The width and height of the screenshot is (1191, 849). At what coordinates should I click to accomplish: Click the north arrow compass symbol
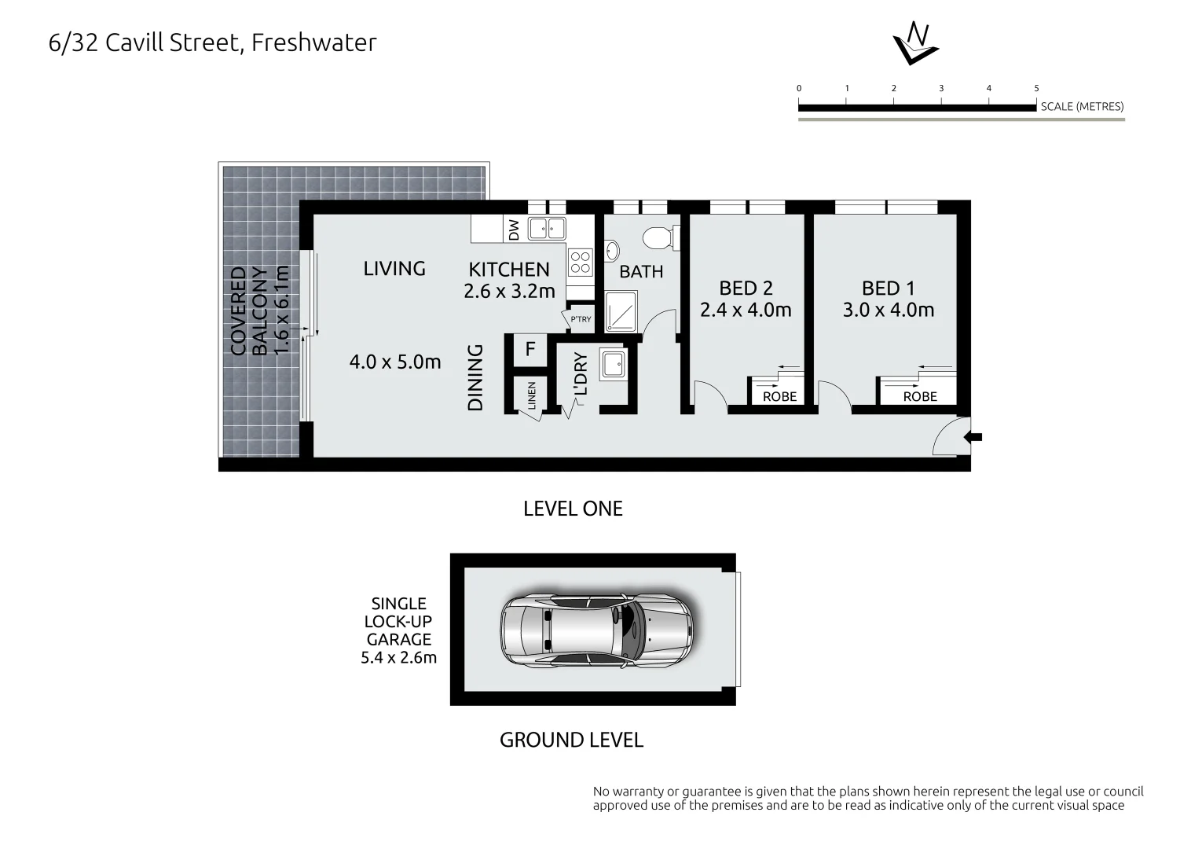(915, 43)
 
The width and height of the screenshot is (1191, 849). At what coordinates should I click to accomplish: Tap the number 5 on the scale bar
(1036, 88)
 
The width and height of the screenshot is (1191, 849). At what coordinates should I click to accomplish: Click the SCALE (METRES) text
(1082, 107)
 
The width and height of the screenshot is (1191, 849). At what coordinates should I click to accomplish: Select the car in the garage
(598, 629)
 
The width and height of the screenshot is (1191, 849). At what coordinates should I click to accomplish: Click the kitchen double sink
(547, 229)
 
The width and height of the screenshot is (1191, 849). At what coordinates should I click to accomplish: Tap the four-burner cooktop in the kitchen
(581, 262)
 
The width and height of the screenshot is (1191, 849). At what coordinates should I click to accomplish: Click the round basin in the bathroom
(611, 251)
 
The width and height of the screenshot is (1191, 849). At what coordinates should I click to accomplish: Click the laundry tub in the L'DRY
(613, 364)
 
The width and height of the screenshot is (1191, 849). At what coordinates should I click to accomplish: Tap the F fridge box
(530, 349)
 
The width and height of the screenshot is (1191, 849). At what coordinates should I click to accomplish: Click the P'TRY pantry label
(581, 319)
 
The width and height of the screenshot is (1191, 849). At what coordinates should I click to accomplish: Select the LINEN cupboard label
(532, 395)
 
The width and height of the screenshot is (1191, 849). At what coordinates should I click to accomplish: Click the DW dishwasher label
(515, 230)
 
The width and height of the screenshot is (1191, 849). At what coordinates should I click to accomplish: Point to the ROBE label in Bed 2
(779, 396)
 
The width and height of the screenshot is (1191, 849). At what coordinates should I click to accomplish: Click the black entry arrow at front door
(976, 437)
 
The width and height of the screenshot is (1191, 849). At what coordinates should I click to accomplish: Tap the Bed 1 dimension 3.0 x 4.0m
(888, 310)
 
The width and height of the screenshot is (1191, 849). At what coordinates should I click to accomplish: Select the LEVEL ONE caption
(573, 509)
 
